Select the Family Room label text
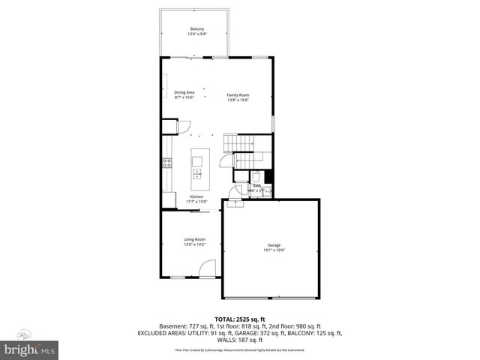tap(238, 95)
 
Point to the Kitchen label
tap(196, 196)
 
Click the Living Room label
tap(195, 239)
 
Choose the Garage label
tap(274, 245)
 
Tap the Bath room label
tap(256, 185)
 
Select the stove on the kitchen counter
tap(166, 163)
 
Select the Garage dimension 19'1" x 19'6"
tap(274, 250)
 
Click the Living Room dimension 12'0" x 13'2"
tap(195, 244)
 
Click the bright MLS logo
tap(29, 349)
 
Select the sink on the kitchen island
tap(199, 175)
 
